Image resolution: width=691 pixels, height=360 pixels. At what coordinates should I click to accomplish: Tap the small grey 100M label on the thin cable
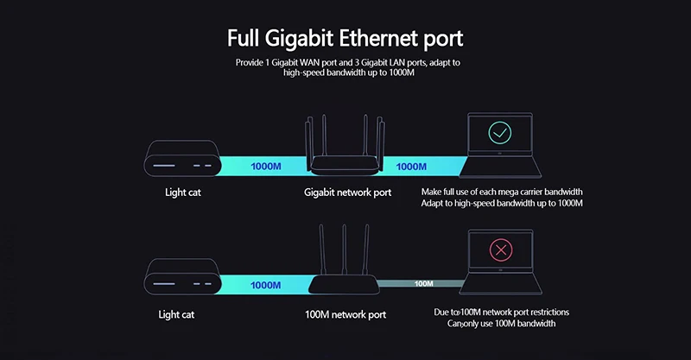point(424,283)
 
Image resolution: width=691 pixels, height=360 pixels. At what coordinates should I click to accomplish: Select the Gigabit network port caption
point(347,193)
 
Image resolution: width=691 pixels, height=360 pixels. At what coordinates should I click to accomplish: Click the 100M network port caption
point(345,314)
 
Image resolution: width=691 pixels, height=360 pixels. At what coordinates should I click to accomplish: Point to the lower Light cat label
point(177,314)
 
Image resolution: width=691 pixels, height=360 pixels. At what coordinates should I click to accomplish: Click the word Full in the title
point(248,39)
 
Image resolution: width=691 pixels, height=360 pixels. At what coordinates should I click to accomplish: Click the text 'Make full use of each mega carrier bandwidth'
point(502,191)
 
